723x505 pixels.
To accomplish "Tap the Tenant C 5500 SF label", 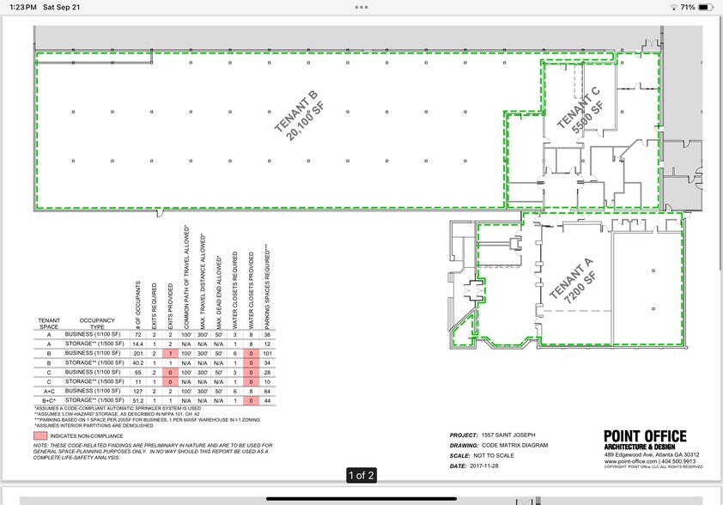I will (589, 109).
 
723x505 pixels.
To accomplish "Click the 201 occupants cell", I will (137, 353).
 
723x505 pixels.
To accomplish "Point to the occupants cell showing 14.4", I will (137, 344).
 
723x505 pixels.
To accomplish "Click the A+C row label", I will (48, 391).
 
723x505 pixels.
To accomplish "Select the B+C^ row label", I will (48, 400).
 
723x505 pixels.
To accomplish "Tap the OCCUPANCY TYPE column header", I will (96, 324).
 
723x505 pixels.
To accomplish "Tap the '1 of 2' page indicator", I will (361, 475).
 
